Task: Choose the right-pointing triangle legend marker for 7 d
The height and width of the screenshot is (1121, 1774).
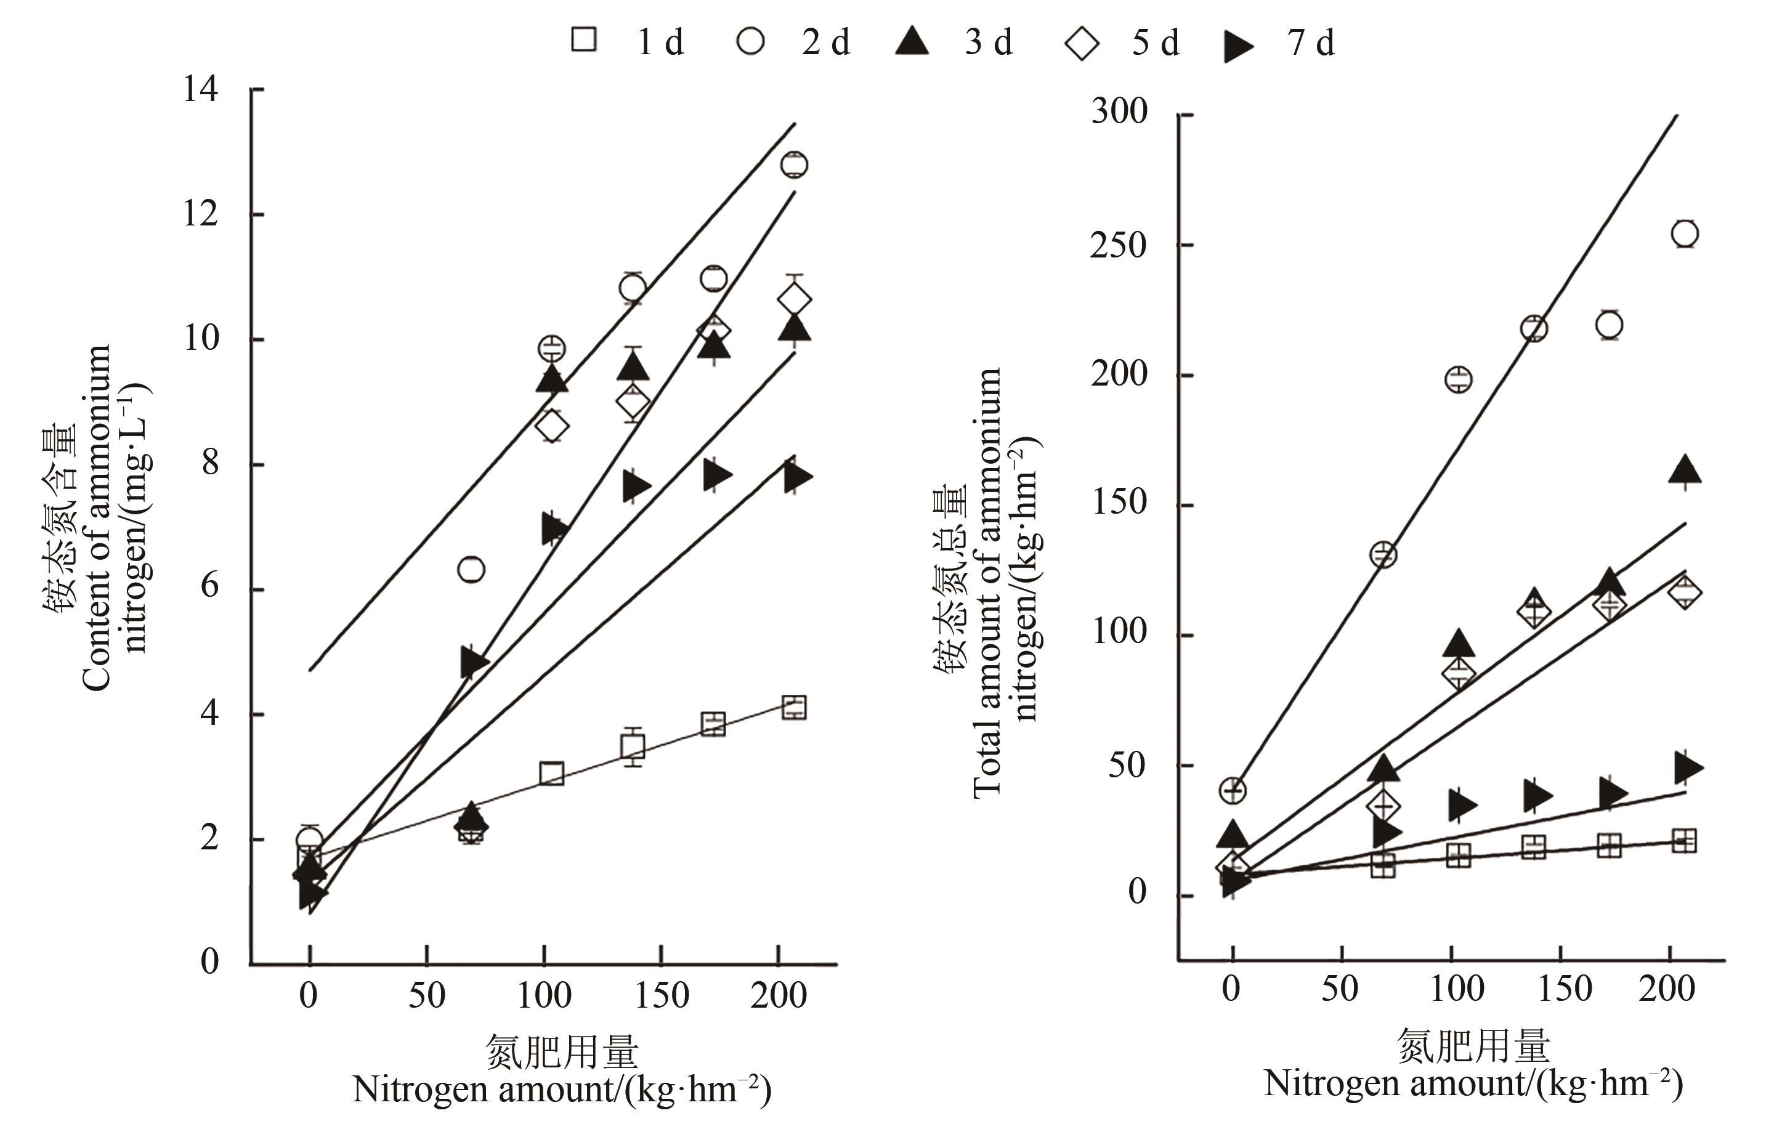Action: click(1237, 46)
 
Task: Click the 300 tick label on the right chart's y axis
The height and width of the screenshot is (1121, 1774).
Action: click(1119, 112)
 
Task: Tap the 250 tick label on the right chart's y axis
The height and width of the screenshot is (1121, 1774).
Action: click(1119, 245)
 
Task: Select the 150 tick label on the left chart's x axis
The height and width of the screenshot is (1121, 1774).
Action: click(662, 996)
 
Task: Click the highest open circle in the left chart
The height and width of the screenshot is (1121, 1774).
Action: click(794, 164)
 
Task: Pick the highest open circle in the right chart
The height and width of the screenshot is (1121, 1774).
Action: click(1685, 234)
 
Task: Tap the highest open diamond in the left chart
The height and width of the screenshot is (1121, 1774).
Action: click(794, 300)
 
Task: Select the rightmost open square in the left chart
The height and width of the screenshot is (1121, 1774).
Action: click(794, 708)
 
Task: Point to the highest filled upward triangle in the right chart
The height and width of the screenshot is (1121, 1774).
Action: click(1685, 470)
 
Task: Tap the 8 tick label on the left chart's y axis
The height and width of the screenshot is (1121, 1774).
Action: click(210, 464)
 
